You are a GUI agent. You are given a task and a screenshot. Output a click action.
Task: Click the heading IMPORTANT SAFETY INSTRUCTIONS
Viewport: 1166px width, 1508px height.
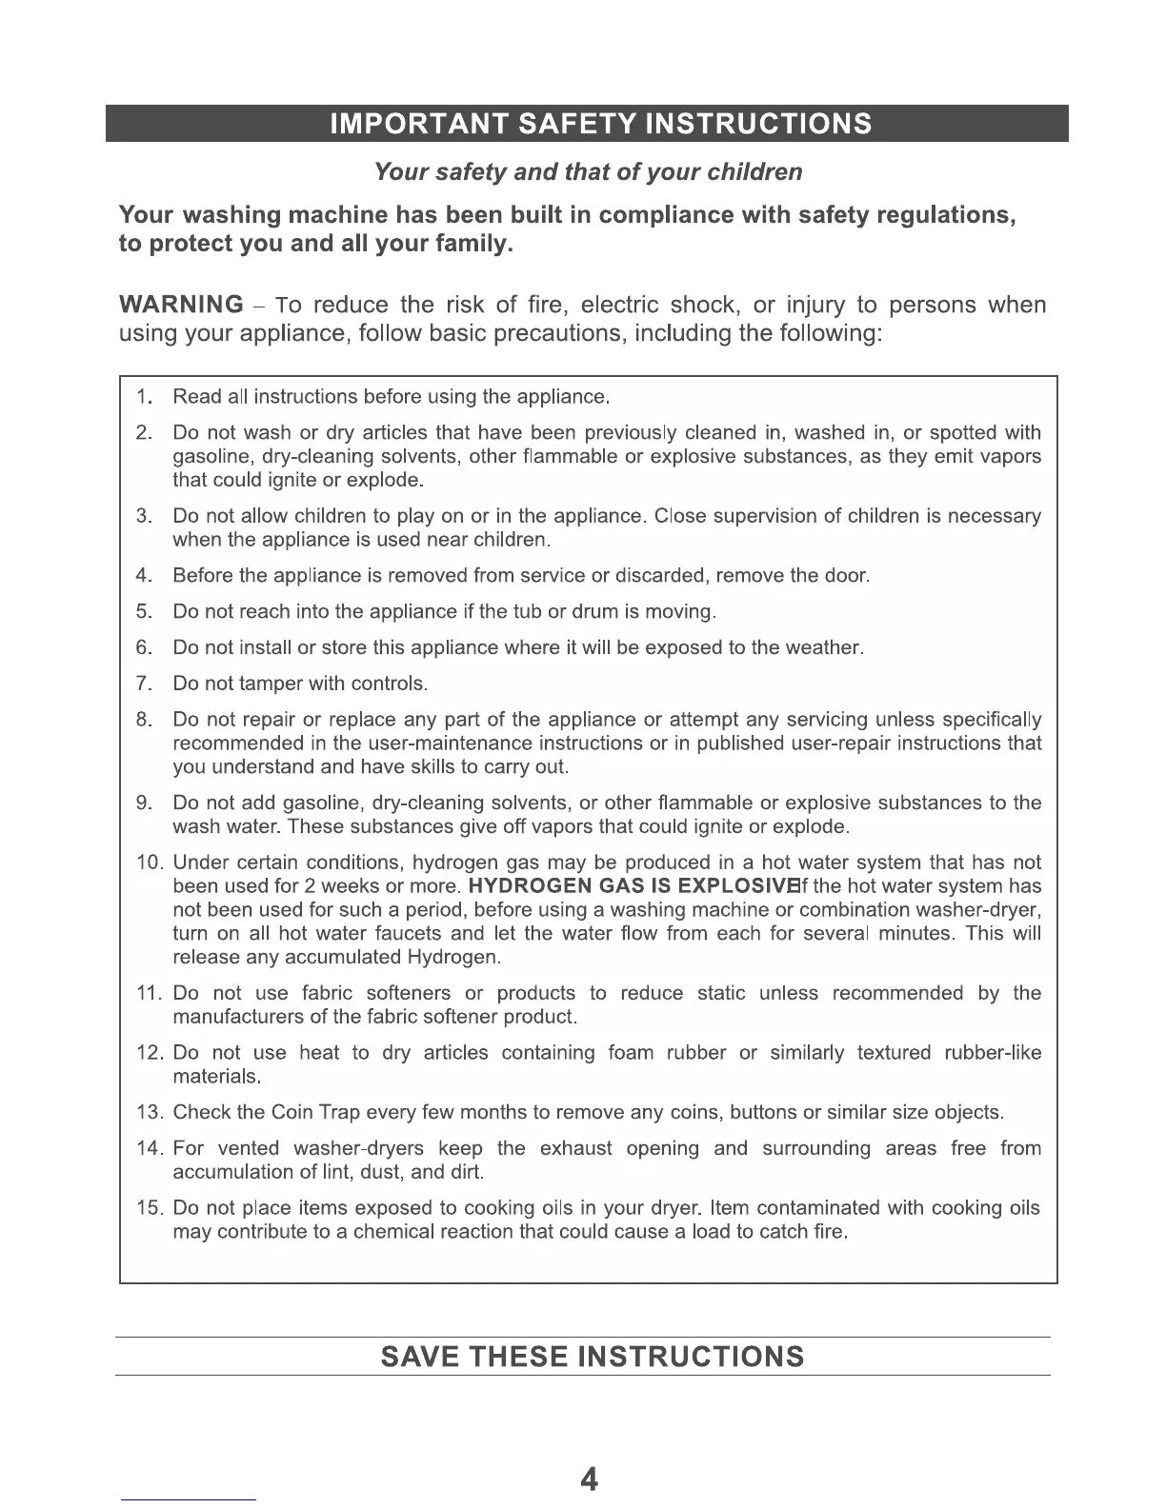click(600, 125)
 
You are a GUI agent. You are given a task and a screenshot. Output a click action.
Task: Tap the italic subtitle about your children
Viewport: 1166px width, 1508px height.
click(588, 172)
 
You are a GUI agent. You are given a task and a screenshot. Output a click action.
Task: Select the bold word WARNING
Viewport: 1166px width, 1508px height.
click(181, 305)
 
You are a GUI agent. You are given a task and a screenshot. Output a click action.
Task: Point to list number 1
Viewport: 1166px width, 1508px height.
click(145, 396)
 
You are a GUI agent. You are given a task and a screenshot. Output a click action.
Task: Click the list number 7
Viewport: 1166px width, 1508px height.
click(145, 684)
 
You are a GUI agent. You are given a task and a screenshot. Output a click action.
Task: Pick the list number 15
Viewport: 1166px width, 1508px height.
click(151, 1208)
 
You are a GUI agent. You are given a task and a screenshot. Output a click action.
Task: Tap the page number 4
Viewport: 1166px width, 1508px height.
click(590, 1479)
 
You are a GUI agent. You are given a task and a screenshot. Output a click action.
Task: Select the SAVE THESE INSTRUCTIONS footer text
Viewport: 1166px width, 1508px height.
click(592, 1357)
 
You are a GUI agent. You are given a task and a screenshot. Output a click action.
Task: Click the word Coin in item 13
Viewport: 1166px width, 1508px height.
click(292, 1112)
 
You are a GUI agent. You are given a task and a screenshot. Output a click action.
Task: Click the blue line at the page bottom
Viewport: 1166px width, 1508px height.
click(189, 1499)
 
